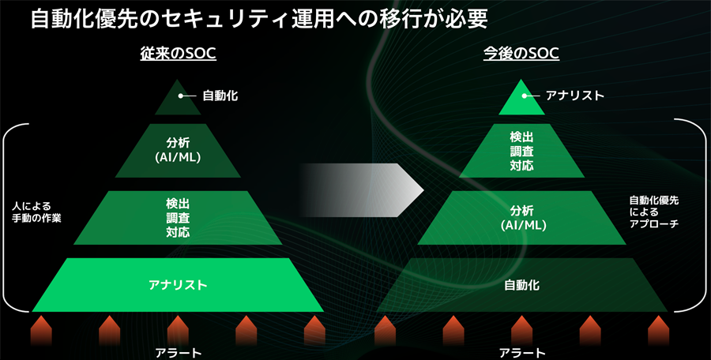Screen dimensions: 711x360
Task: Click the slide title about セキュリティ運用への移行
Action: [x=259, y=19]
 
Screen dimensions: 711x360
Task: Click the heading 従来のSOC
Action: [x=178, y=54]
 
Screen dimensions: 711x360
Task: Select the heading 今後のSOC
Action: [x=521, y=54]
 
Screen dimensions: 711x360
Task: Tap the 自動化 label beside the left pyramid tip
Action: [x=220, y=96]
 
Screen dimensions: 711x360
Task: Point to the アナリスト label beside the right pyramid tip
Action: [x=575, y=96]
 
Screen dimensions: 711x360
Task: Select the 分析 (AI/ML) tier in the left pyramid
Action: [x=178, y=151]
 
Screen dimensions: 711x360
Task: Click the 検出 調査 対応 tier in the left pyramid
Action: [x=178, y=218]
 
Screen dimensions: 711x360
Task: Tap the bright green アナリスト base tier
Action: [x=178, y=285]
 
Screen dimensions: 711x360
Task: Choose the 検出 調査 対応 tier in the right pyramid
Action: [x=521, y=151]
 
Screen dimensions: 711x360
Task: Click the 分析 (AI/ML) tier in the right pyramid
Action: [x=521, y=218]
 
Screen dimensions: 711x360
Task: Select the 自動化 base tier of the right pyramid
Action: [x=521, y=285]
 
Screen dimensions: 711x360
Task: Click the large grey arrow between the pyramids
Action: [x=363, y=190]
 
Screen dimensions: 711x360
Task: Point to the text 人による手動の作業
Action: [x=36, y=212]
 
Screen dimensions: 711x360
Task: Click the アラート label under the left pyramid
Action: [x=179, y=353]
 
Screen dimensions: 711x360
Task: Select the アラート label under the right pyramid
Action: [x=522, y=353]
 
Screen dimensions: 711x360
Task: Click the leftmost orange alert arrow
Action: [x=41, y=331]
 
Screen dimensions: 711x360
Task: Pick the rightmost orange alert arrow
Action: [x=658, y=331]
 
